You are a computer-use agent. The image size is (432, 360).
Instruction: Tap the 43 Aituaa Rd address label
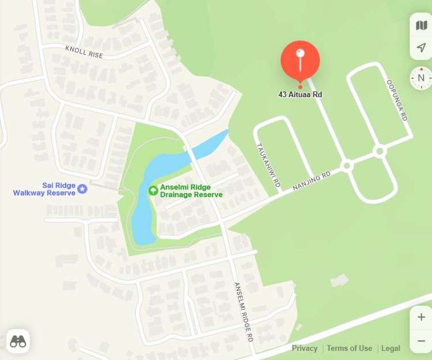[300, 94]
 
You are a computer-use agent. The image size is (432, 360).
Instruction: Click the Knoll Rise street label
[84, 52]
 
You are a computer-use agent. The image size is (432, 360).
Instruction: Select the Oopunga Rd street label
[397, 100]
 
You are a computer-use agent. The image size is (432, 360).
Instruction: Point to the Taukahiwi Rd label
[268, 165]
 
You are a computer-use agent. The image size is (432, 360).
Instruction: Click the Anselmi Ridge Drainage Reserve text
[191, 191]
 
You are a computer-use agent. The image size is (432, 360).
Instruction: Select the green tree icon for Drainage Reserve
[153, 190]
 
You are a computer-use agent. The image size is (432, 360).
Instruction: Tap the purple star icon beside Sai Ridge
[82, 188]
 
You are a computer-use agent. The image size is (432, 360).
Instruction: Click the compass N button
[421, 78]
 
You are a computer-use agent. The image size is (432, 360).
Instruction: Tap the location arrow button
[421, 47]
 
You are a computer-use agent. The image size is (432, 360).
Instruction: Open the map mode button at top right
[421, 25]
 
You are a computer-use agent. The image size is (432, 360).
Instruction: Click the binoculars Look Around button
[18, 341]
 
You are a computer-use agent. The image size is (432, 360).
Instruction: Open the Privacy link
[304, 348]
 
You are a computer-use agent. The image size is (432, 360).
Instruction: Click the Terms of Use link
[349, 348]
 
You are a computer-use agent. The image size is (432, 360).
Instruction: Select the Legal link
[391, 348]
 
